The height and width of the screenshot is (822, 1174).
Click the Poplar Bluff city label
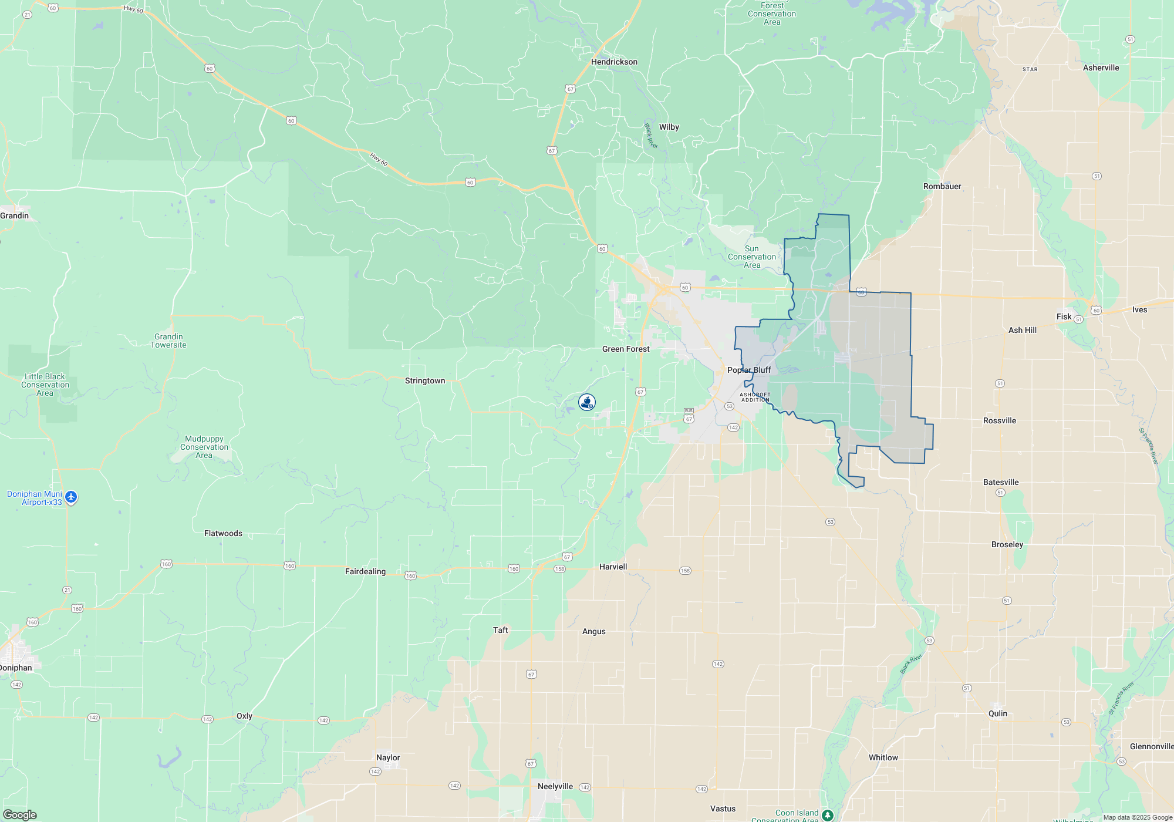[x=748, y=370]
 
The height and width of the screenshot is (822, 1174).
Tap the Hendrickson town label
[x=614, y=62]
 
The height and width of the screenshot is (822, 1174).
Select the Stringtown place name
[x=425, y=380]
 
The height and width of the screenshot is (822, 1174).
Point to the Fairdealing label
[x=365, y=571]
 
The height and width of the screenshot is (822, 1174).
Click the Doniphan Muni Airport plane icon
[x=71, y=497]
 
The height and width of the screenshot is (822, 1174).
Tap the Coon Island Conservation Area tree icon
[x=827, y=815]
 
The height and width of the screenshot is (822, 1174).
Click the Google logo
[x=19, y=815]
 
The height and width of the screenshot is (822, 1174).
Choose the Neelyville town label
[x=555, y=786]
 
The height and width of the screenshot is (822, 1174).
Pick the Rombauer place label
[x=942, y=186]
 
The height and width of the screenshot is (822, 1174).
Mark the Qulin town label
[x=997, y=713]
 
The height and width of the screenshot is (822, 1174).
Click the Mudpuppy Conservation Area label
[x=204, y=447]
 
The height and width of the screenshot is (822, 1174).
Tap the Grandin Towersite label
[x=168, y=341]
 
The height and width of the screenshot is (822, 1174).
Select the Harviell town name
[x=613, y=567]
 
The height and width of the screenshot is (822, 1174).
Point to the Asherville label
[x=1101, y=68]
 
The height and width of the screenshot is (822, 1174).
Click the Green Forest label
[x=626, y=349]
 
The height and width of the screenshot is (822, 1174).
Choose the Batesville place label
[x=1001, y=482]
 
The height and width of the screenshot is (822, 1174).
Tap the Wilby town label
[x=669, y=127]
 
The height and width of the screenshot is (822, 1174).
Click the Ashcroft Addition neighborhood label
[x=755, y=397]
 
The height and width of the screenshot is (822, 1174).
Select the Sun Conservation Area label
[x=752, y=257]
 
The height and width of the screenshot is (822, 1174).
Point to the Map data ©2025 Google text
[x=1138, y=817]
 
